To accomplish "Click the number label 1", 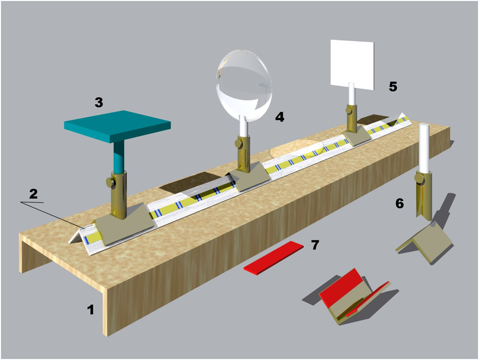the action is tap(91, 310).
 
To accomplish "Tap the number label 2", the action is tap(33, 194).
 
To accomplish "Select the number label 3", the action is tap(98, 102).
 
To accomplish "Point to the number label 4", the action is tap(280, 117).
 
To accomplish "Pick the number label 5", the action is tap(393, 87).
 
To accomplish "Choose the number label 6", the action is tap(400, 203).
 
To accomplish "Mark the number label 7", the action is tap(315, 245).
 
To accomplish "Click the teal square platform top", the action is tap(118, 125).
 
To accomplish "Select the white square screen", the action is tap(352, 64).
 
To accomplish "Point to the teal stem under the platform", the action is tap(119, 158).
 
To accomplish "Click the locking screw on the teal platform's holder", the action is tap(110, 182).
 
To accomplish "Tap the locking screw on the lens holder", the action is tap(239, 144).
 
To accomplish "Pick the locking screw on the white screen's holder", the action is tap(349, 110).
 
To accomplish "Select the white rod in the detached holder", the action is tap(424, 148).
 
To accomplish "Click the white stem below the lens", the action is tap(244, 126).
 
